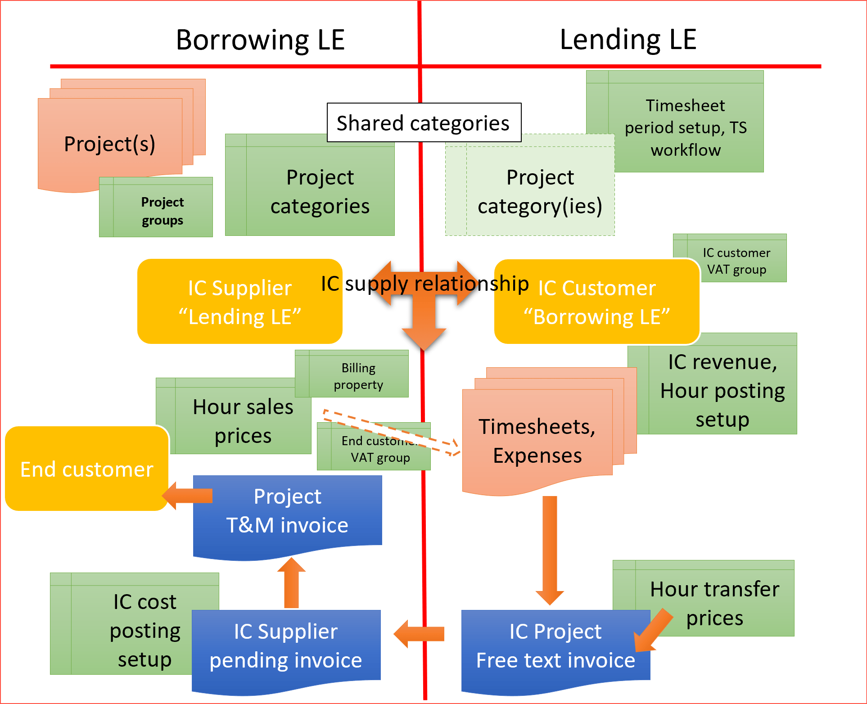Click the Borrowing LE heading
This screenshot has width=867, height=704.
point(260,40)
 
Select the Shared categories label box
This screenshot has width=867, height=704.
point(424,123)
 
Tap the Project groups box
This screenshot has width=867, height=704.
point(162,211)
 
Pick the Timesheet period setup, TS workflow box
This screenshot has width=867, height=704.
point(686,127)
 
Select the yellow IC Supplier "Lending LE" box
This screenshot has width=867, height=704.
point(239,302)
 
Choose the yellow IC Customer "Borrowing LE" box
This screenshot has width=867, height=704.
point(596,302)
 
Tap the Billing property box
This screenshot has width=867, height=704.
point(358,376)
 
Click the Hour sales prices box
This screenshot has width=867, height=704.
point(243,421)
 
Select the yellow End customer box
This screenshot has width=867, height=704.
point(86,469)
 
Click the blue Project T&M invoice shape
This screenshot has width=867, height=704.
point(287,512)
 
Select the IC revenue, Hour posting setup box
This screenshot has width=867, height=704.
point(722,390)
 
